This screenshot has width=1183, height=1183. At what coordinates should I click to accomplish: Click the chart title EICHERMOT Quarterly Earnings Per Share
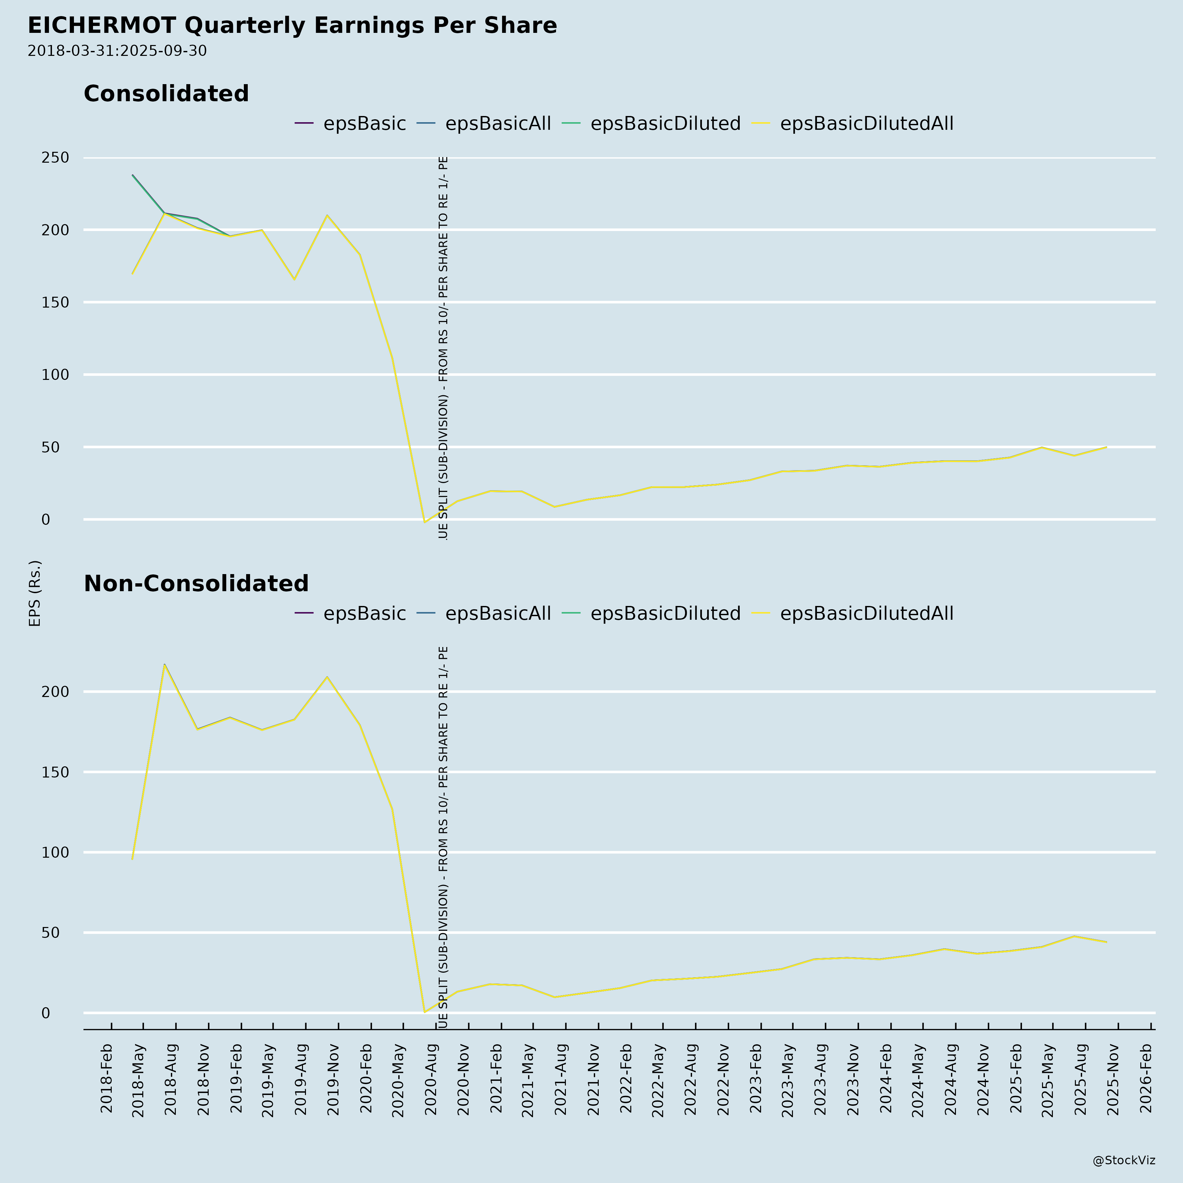click(292, 26)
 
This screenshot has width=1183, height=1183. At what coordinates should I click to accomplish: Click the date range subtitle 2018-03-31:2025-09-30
click(117, 51)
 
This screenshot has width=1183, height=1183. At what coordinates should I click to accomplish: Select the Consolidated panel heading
click(166, 94)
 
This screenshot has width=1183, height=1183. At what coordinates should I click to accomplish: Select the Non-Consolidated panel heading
click(196, 584)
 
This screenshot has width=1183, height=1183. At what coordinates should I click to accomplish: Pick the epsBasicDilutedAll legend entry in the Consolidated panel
click(866, 124)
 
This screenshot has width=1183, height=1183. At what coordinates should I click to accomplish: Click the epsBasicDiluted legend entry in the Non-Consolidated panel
click(665, 614)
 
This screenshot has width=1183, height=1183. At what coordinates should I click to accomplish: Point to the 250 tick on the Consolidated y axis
click(55, 158)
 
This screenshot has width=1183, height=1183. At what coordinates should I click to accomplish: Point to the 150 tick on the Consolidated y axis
click(55, 302)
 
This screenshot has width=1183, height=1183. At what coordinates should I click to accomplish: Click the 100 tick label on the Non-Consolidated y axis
click(55, 852)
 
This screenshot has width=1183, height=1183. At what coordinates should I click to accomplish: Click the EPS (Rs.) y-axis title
click(35, 593)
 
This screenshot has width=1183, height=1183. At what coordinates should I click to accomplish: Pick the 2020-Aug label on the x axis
click(431, 1081)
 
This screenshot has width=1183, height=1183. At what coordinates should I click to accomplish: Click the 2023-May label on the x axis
click(788, 1081)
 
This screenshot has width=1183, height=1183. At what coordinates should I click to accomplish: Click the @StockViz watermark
click(1124, 1160)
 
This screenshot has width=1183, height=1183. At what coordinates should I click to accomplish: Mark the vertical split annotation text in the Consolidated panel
click(443, 348)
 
